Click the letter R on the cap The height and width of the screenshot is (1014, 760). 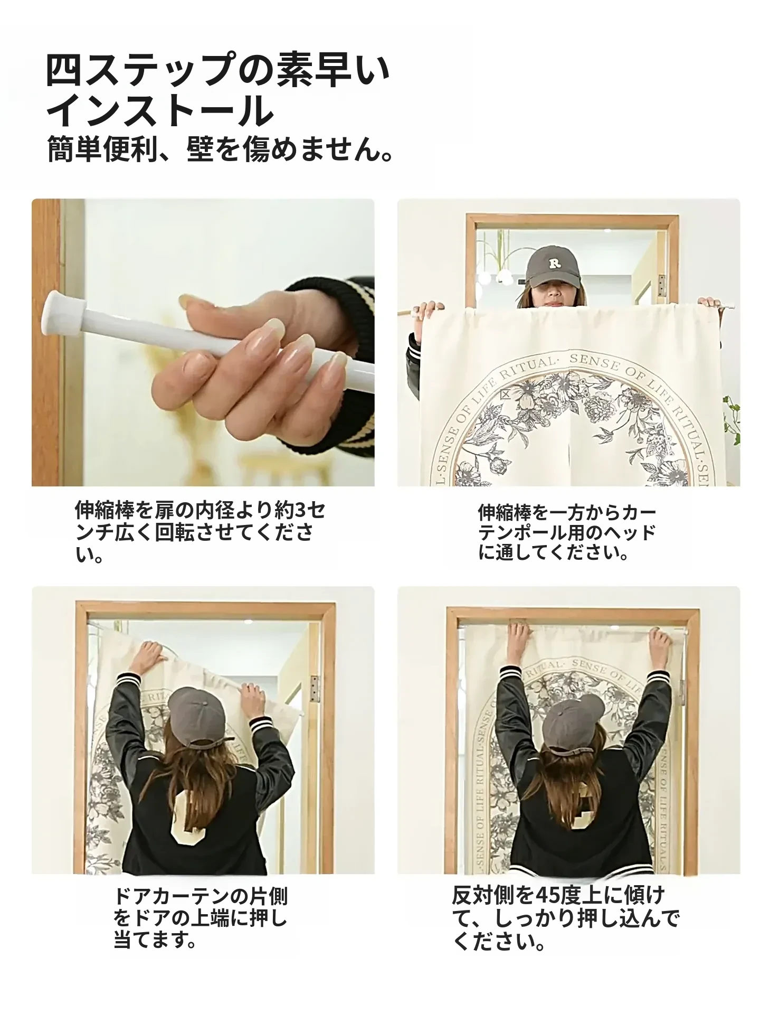[x=554, y=263]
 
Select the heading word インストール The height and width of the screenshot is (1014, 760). [x=160, y=111]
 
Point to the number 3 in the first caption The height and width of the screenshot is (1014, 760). [x=300, y=511]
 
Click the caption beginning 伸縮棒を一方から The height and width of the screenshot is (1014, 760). [x=567, y=532]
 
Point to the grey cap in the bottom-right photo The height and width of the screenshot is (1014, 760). [x=573, y=724]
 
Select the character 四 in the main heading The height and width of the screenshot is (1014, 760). [x=64, y=70]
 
